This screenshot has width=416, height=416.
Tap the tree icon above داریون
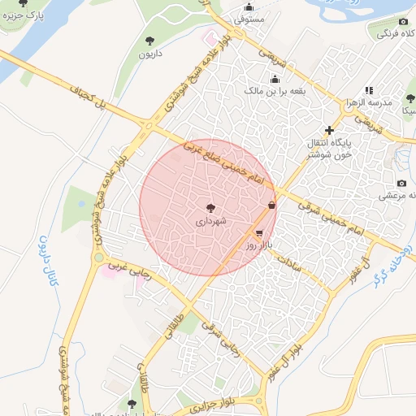149,40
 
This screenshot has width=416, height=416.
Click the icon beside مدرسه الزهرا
369,91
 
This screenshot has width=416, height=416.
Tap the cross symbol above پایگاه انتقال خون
329,130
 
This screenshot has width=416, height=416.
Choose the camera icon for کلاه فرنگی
403,21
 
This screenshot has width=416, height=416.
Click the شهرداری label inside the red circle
211,220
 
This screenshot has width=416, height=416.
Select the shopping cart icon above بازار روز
258,232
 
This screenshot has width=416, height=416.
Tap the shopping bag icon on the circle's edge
271,206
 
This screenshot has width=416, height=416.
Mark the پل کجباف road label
91,95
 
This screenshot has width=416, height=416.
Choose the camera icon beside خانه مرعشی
401,184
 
